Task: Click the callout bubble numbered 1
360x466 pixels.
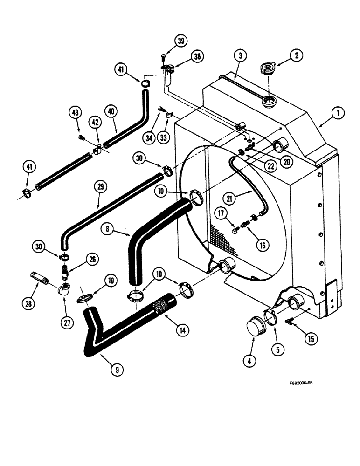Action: click(339, 112)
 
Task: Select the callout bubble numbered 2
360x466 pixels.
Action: click(298, 55)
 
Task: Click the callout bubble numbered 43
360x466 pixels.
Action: click(76, 112)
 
